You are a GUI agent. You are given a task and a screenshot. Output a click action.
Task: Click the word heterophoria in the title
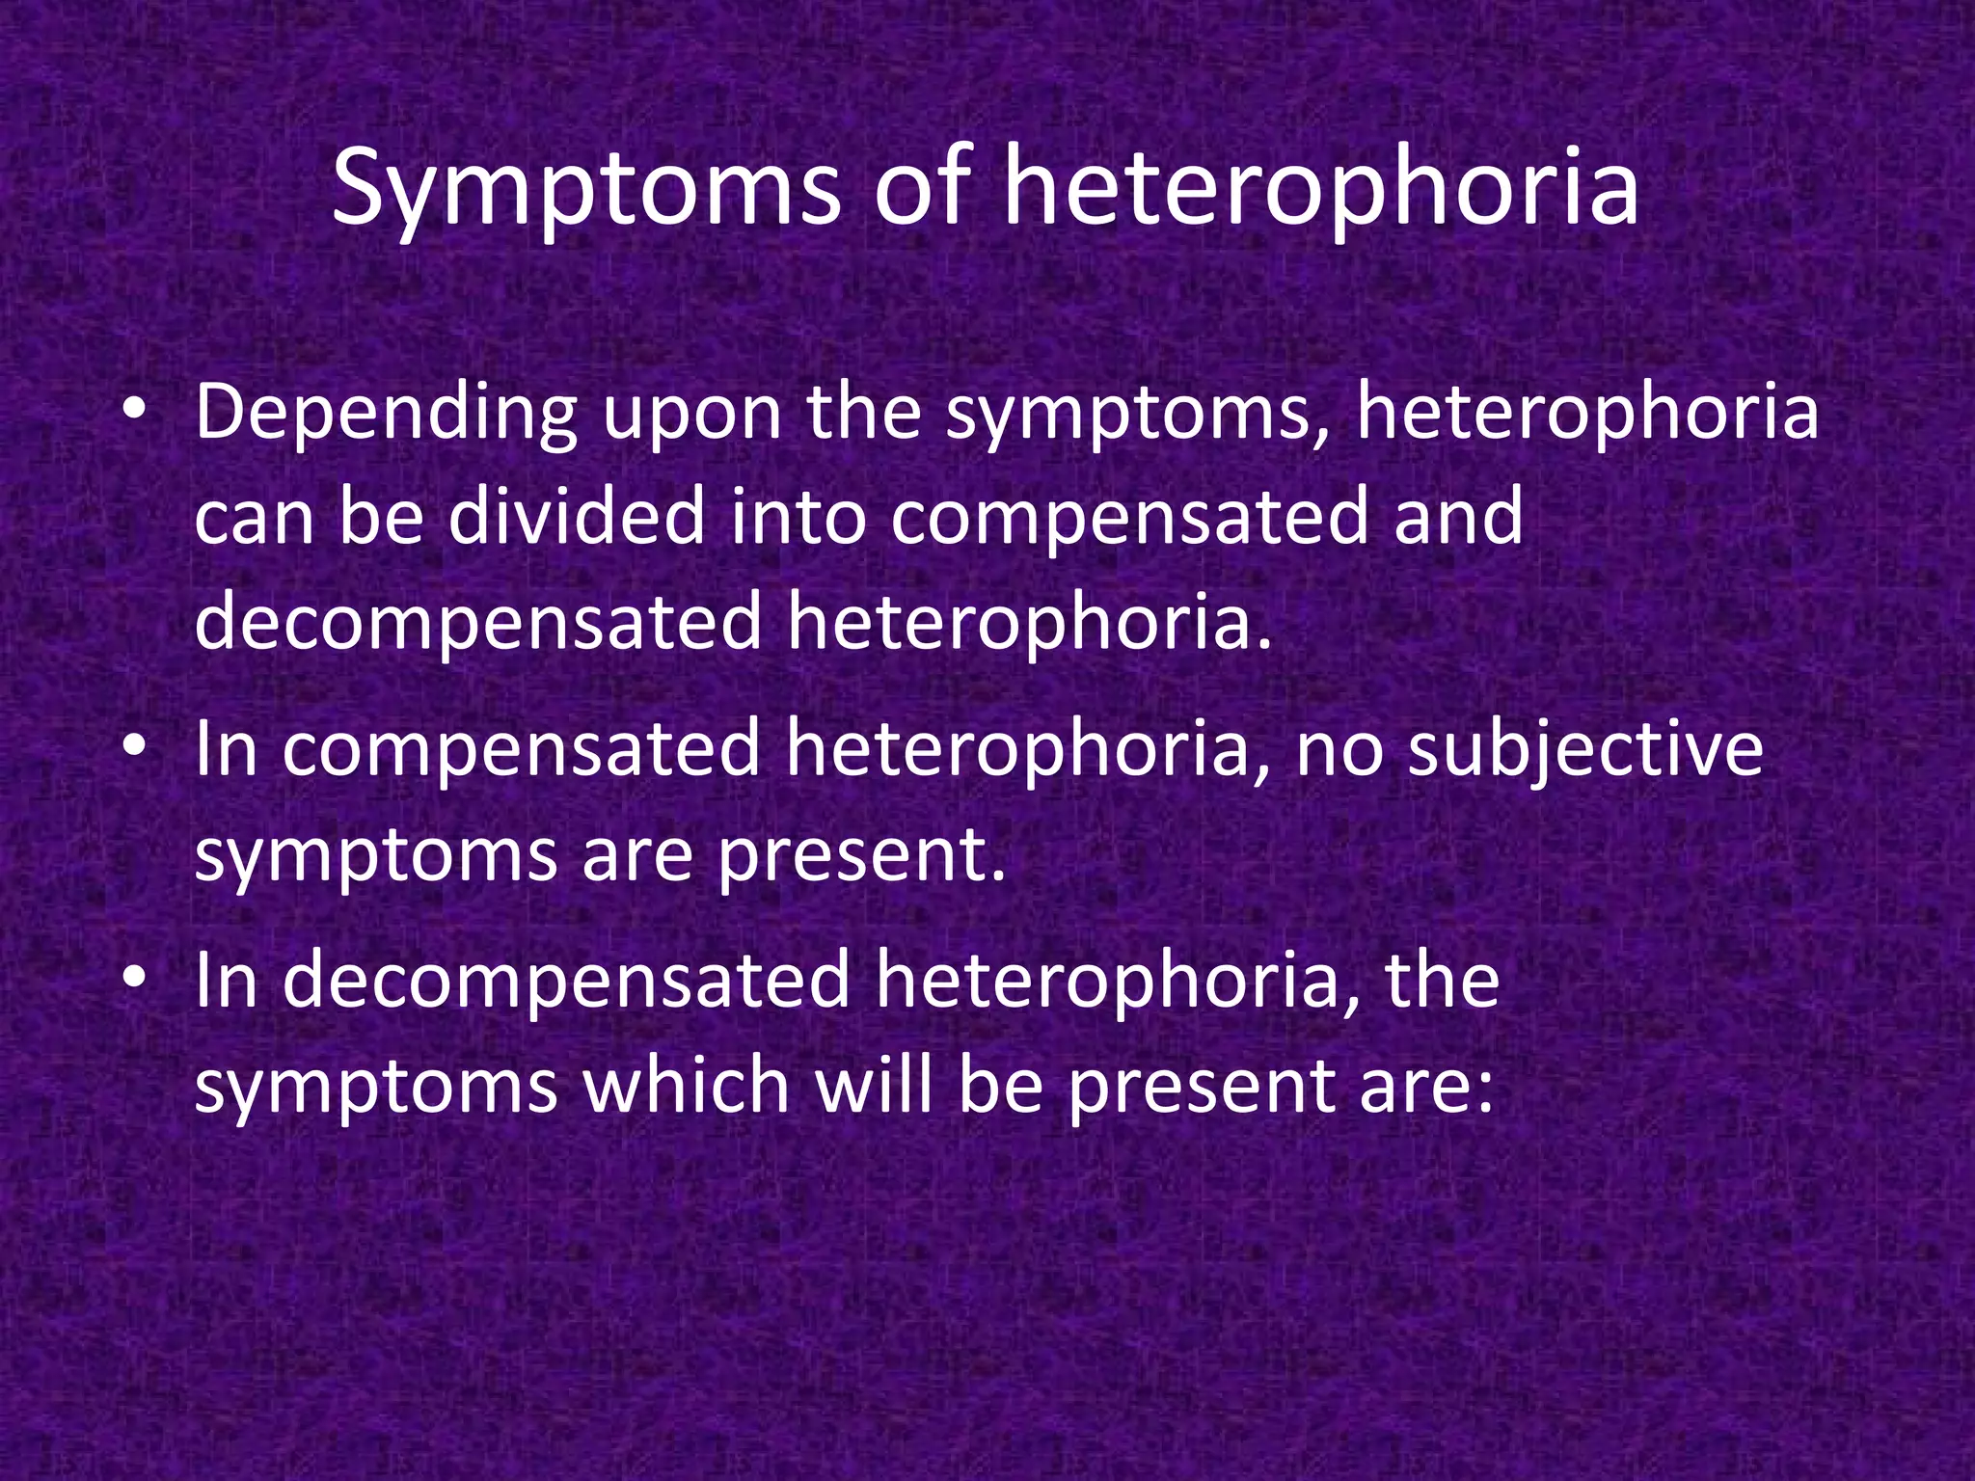1320,188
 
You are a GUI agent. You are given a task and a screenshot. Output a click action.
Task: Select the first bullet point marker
134,411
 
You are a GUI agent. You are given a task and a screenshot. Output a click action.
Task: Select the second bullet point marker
134,747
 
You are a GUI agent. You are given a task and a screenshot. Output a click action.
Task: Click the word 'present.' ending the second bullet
861,857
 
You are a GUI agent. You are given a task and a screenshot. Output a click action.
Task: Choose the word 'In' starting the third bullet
227,980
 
